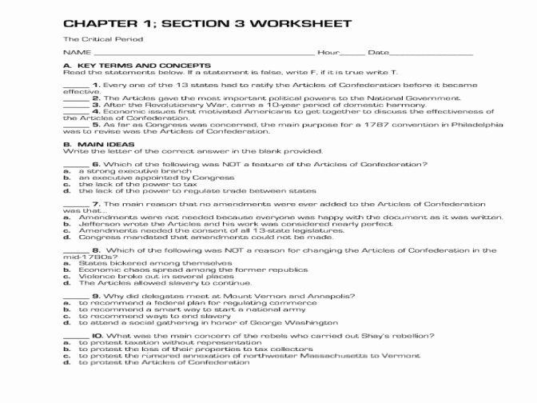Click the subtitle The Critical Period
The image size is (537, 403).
(103, 39)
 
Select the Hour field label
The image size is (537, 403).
(328, 53)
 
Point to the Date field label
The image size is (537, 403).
(378, 53)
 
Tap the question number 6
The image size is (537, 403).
(95, 164)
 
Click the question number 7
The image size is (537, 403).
(95, 204)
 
